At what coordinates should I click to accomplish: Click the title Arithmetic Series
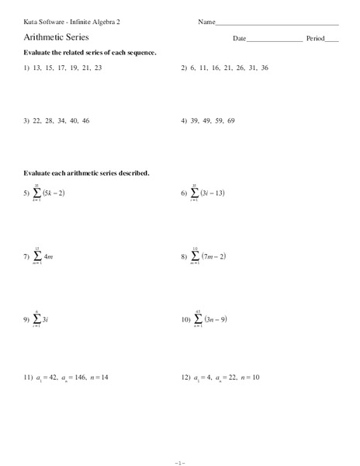click(56, 37)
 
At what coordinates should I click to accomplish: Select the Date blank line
click(275, 40)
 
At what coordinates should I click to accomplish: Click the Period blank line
click(332, 40)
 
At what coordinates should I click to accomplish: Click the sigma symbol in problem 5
click(36, 193)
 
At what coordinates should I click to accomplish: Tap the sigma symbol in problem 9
click(36, 319)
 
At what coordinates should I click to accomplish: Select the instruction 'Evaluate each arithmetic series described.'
click(86, 173)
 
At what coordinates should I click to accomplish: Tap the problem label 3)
click(26, 122)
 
